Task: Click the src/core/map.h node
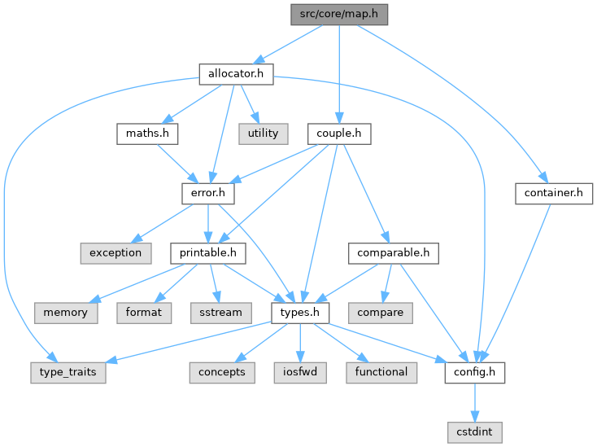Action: coord(339,14)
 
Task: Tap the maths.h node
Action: coord(146,133)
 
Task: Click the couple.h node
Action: coord(339,133)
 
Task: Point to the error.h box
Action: coord(207,193)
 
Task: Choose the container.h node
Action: coord(554,193)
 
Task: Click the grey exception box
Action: coord(115,252)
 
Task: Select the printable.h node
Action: coord(208,252)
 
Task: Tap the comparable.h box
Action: coord(394,252)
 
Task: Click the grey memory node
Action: coord(66,312)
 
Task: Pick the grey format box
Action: coord(143,312)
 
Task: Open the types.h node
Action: coord(300,312)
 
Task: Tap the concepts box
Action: coord(221,371)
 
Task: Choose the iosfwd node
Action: coord(300,371)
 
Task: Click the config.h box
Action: coord(475,371)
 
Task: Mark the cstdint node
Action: coord(475,431)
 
